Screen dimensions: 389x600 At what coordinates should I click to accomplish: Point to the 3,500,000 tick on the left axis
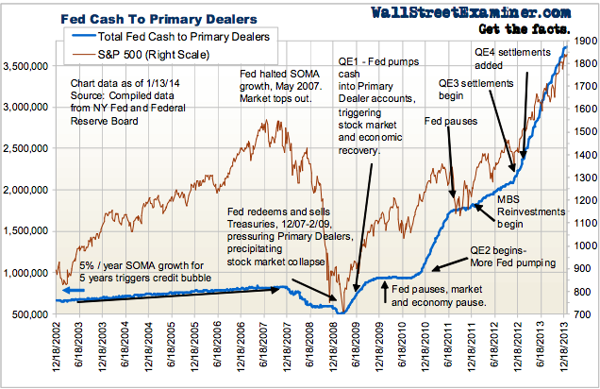tap(29, 67)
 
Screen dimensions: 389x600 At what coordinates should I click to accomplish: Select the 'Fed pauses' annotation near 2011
tap(451, 121)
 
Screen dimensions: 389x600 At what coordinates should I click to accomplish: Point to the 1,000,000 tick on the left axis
tap(29, 273)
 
